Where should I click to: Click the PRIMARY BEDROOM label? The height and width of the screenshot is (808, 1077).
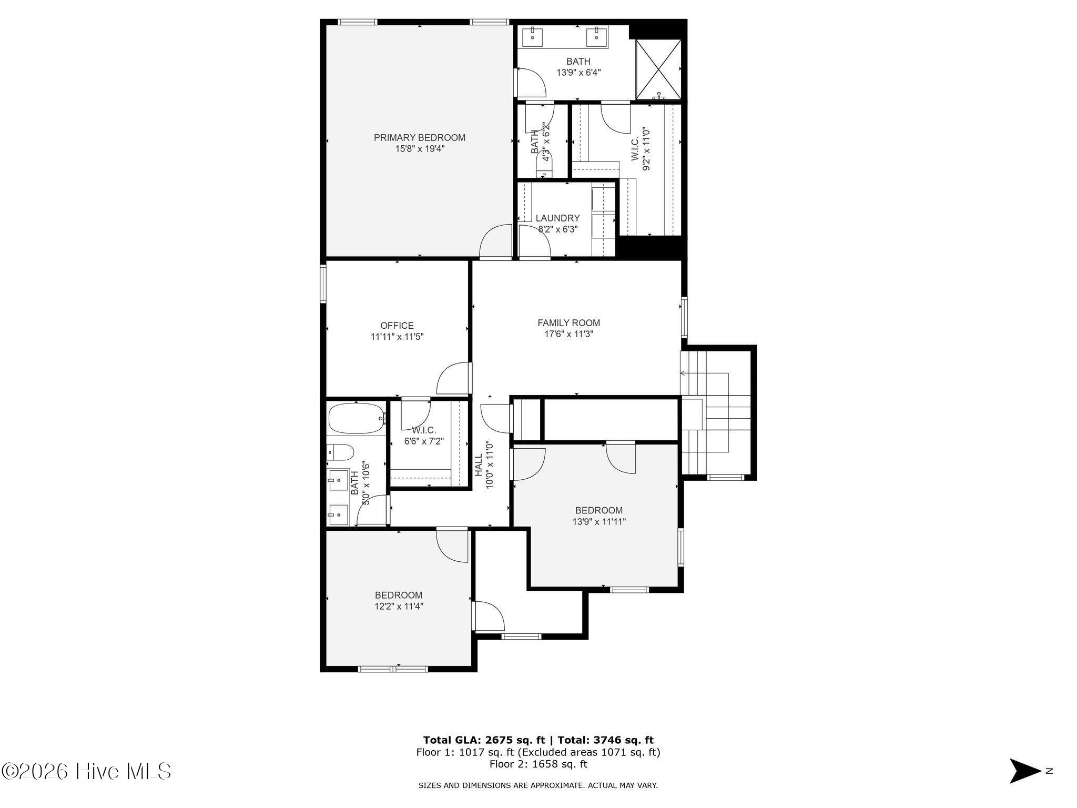tap(420, 138)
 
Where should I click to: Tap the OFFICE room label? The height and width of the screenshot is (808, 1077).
tap(397, 326)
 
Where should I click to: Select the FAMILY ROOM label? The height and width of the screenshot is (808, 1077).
tap(568, 323)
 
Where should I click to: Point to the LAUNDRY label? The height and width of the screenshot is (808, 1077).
tap(557, 218)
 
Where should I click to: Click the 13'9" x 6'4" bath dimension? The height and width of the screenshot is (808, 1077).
tap(578, 73)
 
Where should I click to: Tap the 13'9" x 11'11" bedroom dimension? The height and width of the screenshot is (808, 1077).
tap(599, 522)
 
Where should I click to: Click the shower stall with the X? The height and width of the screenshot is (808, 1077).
tap(658, 69)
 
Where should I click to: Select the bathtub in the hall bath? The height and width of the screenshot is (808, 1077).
tap(356, 419)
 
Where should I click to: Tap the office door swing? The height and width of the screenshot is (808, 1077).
tap(453, 378)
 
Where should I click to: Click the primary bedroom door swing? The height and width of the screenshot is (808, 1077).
tap(496, 241)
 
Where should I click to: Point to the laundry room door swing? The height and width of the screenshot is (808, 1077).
tap(534, 241)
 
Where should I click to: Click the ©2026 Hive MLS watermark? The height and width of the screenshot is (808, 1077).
tap(86, 772)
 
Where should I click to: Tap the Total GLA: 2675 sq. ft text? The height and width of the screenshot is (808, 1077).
tap(484, 740)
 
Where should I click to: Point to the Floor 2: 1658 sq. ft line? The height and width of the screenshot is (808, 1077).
tap(538, 764)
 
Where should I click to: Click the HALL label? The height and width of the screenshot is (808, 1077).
tap(479, 466)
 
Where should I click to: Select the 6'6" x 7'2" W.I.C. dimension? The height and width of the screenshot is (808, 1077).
tap(424, 441)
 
